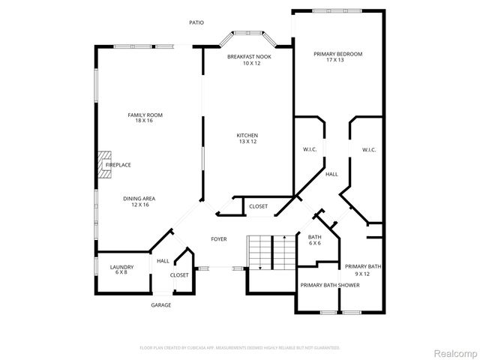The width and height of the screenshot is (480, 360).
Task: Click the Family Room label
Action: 145,118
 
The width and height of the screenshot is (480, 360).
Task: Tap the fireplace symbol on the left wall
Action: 105,164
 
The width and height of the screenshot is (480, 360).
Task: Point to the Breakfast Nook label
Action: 250,60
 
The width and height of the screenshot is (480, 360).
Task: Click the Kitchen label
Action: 247,138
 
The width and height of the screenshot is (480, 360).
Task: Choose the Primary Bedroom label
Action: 337,58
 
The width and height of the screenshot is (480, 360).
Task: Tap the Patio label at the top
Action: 196,22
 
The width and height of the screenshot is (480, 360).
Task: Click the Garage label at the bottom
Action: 161,305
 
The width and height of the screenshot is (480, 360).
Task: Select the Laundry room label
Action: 121,270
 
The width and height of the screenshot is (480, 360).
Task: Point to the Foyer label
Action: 219,239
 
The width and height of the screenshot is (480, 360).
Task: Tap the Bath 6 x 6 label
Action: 315,240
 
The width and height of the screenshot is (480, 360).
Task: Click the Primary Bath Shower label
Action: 330,286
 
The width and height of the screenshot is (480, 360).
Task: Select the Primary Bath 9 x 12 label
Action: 363,270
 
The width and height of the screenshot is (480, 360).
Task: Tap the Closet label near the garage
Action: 179,275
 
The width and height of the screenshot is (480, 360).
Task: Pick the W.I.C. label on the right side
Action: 368,150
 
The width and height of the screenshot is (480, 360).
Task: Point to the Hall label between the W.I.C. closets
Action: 331,174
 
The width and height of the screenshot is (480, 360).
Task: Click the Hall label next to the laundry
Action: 162,261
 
